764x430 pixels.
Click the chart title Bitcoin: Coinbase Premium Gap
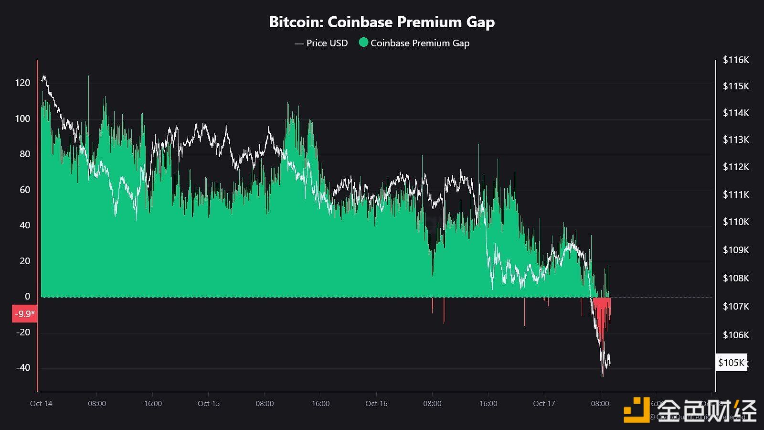pyautogui.click(x=382, y=22)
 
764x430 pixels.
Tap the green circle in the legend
pyautogui.click(x=363, y=43)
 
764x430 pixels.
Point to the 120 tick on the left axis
pyautogui.click(x=22, y=83)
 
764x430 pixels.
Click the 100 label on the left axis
pyautogui.click(x=22, y=118)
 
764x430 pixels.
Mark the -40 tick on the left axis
pyautogui.click(x=22, y=367)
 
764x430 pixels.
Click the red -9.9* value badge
pyautogui.click(x=24, y=314)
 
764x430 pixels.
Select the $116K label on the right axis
pyautogui.click(x=736, y=60)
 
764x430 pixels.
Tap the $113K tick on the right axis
pyautogui.click(x=736, y=140)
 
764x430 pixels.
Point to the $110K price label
pyautogui.click(x=736, y=222)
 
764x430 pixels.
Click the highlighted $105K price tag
pyautogui.click(x=731, y=363)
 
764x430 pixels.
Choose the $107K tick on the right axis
pyautogui.click(x=736, y=306)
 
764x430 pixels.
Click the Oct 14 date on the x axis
pyautogui.click(x=41, y=404)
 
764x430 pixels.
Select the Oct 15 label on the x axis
pyautogui.click(x=209, y=404)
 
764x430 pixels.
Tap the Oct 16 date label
pyautogui.click(x=376, y=404)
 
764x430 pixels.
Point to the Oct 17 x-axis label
pyautogui.click(x=544, y=404)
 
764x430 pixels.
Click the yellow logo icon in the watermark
pyautogui.click(x=637, y=410)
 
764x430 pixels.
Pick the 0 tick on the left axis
pyautogui.click(x=27, y=296)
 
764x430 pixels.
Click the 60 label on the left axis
pyautogui.click(x=24, y=190)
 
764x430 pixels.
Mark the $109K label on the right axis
pyautogui.click(x=736, y=250)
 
